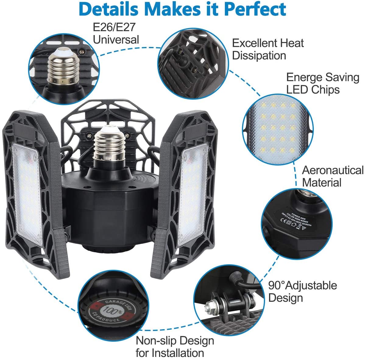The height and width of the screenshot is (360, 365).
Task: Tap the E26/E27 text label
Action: (114, 27)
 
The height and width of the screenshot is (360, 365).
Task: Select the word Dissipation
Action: (259, 56)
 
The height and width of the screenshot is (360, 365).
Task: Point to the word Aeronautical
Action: (333, 170)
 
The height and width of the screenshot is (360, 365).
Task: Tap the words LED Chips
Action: (313, 90)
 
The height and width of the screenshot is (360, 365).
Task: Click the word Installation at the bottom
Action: (178, 353)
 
